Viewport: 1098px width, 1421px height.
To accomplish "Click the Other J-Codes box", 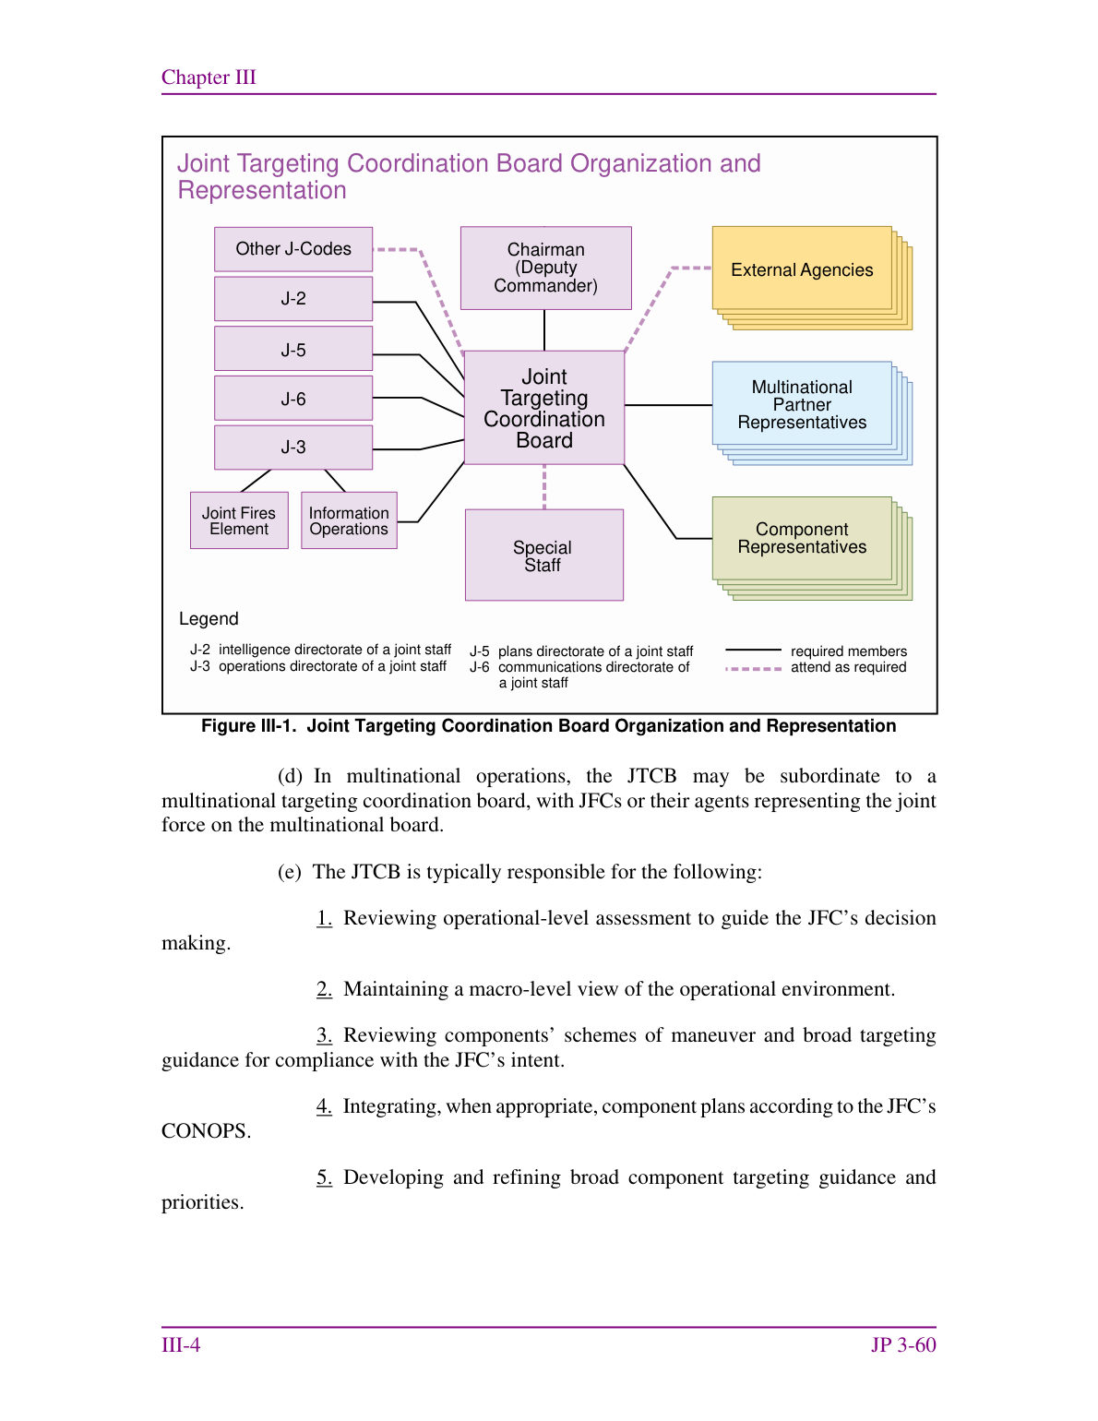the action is click(293, 249).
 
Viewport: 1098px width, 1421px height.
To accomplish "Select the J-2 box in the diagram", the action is click(293, 299).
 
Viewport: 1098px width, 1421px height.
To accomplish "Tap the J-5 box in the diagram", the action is click(293, 349).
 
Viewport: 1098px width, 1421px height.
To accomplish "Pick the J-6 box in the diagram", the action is click(293, 398).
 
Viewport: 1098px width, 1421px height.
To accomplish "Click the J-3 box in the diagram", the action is click(293, 448).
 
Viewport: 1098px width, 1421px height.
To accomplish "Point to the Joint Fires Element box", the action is click(239, 520).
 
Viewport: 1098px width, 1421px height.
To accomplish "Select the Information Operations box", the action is click(349, 520).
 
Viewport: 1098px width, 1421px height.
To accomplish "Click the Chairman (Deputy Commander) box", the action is click(545, 269).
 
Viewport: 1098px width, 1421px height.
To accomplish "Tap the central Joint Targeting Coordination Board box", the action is click(544, 408).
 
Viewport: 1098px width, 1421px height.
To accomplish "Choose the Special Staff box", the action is click(544, 555).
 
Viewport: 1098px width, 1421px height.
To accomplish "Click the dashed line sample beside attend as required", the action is click(753, 669).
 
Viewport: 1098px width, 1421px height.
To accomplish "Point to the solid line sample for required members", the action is click(753, 650).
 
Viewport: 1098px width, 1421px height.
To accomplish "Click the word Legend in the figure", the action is click(209, 619).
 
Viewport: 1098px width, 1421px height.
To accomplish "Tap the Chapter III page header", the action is click(209, 78).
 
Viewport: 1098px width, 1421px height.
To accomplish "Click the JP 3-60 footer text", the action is click(903, 1345).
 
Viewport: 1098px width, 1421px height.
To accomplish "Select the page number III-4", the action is click(181, 1345).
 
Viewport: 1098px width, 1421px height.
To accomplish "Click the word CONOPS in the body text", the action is click(206, 1130).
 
